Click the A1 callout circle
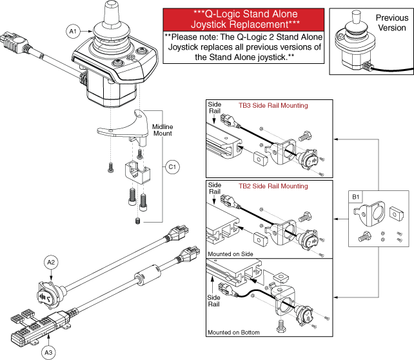pos(72,30)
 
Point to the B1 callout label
pos(355,196)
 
